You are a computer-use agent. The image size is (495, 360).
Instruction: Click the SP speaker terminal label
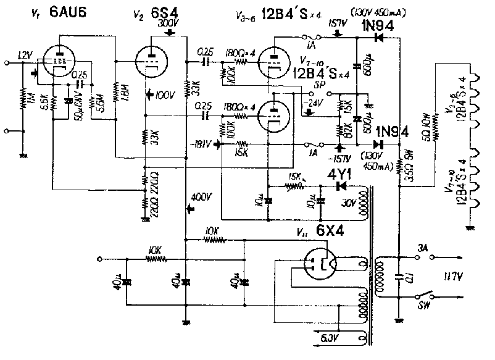(322, 82)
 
